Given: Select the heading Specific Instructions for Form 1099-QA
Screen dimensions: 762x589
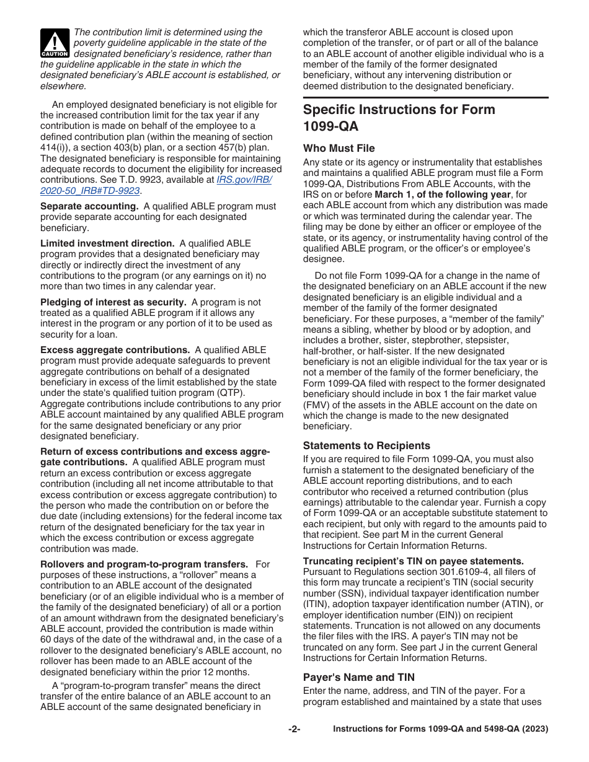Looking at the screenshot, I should click(x=399, y=118).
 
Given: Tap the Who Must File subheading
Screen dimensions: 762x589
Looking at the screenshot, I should click(x=339, y=148).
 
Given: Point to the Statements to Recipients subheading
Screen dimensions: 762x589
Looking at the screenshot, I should click(x=366, y=445).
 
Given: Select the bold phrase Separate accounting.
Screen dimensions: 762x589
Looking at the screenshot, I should click(x=89, y=206).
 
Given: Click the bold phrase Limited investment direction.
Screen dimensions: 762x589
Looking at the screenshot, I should click(x=107, y=243).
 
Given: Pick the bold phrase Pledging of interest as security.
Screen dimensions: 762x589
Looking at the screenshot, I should click(x=113, y=302).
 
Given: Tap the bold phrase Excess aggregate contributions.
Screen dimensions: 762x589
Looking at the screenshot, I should click(x=115, y=350).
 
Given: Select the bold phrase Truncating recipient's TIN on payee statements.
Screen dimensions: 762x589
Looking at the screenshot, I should click(x=413, y=561).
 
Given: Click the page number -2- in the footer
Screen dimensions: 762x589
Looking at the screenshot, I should click(x=294, y=729).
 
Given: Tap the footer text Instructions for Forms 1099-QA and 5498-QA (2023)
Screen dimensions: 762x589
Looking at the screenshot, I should click(x=440, y=729).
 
